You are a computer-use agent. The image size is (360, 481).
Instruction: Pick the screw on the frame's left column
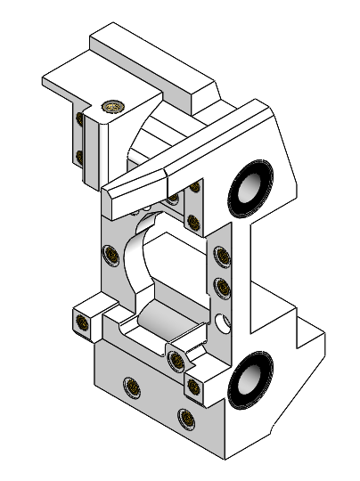[112, 256]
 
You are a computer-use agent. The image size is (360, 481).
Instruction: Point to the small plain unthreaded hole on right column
[220, 319]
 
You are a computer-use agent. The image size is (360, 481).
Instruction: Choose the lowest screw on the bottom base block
[185, 416]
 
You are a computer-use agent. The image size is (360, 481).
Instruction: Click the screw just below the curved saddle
[176, 360]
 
